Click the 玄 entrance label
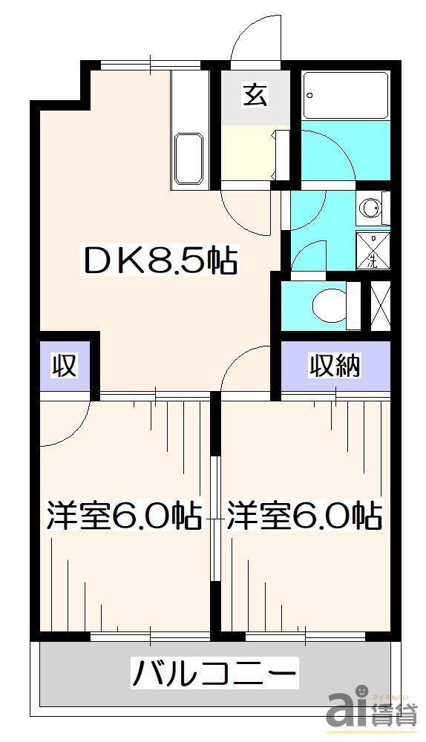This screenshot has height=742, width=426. click(255, 96)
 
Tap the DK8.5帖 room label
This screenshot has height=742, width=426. click(160, 261)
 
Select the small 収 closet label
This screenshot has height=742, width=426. click(65, 366)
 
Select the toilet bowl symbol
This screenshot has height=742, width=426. click(330, 304)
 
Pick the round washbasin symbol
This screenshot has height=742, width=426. click(373, 208)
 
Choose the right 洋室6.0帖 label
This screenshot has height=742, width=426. click(305, 515)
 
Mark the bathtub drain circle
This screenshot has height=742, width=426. click(309, 95)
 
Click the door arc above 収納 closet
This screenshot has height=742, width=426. click(249, 365)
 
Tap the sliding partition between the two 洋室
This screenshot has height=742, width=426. click(214, 519)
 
